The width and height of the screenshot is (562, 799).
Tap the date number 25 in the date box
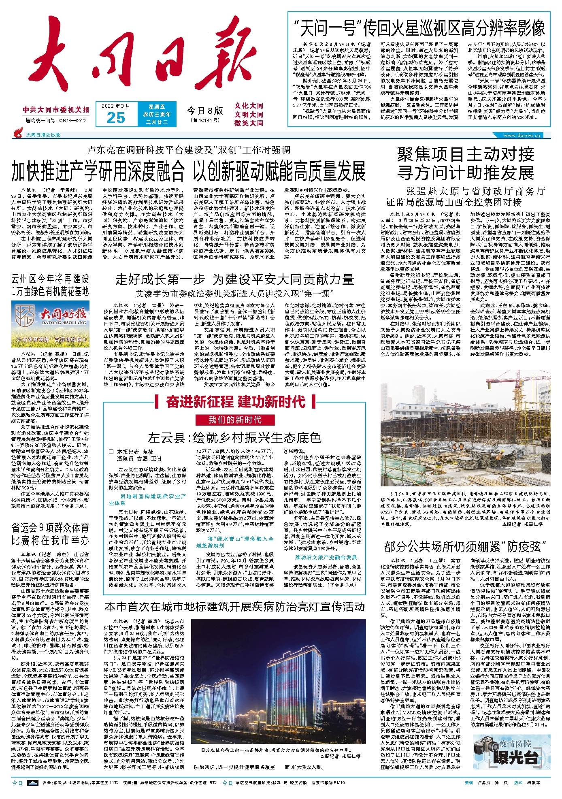116,117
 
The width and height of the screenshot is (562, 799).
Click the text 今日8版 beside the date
205,111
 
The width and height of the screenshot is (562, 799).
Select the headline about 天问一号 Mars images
419,28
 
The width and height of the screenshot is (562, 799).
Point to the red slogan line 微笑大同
249,123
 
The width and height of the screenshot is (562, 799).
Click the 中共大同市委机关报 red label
56,110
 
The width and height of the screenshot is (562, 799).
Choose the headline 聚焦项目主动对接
465,154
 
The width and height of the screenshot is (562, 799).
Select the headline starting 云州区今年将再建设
50,285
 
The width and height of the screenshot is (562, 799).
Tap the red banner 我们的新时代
235,420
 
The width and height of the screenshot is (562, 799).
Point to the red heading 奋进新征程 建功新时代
235,402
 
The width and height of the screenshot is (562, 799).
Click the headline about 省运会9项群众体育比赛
50,534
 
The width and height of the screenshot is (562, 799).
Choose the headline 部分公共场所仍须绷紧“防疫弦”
465,547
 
